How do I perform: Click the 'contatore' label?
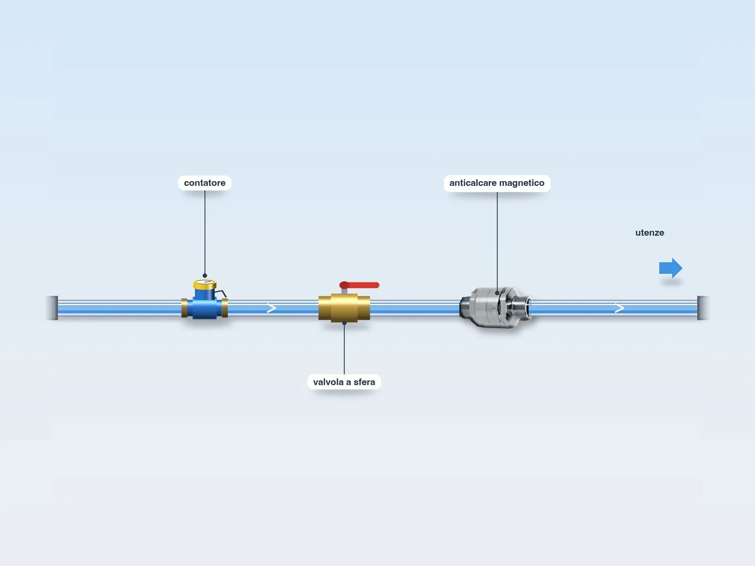(205, 183)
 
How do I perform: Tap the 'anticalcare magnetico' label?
(497, 183)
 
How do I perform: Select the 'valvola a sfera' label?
(344, 382)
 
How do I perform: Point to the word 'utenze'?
(649, 233)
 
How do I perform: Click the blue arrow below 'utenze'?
(671, 268)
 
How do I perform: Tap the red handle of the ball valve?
(359, 285)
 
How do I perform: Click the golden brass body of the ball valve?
(344, 308)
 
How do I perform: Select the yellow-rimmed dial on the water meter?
(205, 284)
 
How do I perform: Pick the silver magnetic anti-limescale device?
(495, 307)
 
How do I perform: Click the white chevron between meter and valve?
(271, 308)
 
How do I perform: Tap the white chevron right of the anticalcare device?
(619, 308)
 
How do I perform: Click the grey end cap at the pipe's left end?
(52, 308)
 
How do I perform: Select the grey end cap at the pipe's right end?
(703, 308)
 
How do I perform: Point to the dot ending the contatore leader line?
(205, 275)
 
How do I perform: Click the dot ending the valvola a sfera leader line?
(344, 323)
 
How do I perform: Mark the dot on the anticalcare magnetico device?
(497, 293)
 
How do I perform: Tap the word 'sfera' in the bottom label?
(364, 382)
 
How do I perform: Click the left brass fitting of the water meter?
(185, 308)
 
